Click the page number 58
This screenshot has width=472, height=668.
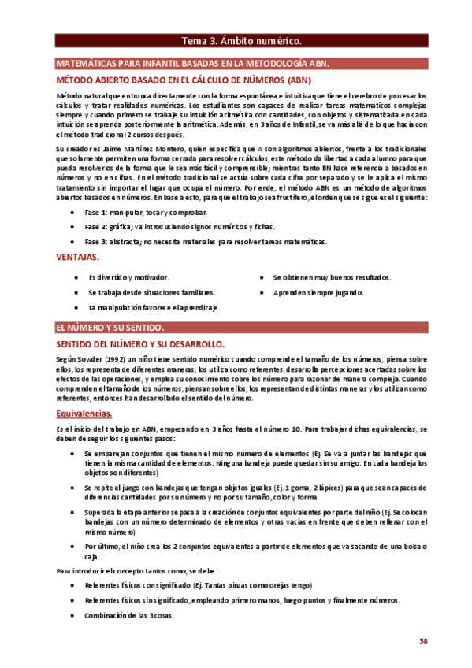pos(423,640)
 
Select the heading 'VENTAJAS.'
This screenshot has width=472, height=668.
pos(77,257)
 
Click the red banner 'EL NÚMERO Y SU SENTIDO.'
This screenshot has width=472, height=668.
pos(110,327)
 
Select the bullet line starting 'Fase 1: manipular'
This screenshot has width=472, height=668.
pos(136,213)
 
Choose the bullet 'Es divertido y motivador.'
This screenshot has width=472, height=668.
pos(128,277)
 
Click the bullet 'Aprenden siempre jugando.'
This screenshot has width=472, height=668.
pos(318,292)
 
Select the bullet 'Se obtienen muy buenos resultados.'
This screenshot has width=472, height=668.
pos(333,277)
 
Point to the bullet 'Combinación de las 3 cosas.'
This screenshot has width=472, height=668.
pos(128,615)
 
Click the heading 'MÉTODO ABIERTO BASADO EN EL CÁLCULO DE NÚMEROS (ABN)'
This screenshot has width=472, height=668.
pos(184,80)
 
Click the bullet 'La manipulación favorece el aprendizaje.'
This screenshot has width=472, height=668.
pos(154,307)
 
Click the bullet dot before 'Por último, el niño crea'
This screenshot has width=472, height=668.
pos(73,546)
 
